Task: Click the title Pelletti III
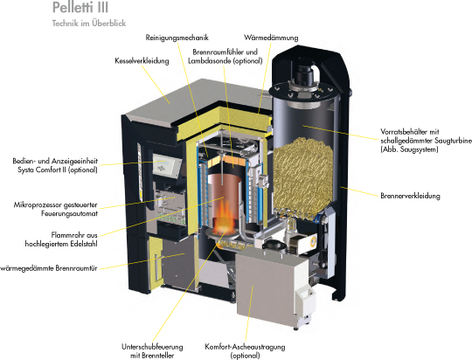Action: tap(80, 7)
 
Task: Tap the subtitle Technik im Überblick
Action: tap(89, 24)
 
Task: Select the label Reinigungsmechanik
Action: tap(177, 38)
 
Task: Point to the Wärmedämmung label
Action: tap(271, 38)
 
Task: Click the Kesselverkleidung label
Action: tap(142, 61)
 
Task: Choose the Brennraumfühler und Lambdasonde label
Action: tap(226, 56)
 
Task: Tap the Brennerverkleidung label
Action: tap(410, 196)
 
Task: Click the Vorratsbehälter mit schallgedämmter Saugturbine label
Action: tap(426, 141)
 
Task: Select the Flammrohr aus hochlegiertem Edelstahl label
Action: tap(61, 239)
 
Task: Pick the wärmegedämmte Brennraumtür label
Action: tap(49, 268)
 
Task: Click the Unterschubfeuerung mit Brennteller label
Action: tap(152, 351)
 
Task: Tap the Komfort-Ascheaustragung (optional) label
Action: tap(245, 351)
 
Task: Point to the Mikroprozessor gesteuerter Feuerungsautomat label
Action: tap(56, 209)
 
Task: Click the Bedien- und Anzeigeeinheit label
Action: tap(55, 165)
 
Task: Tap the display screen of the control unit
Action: tap(166, 165)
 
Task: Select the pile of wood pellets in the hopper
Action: tap(303, 175)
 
